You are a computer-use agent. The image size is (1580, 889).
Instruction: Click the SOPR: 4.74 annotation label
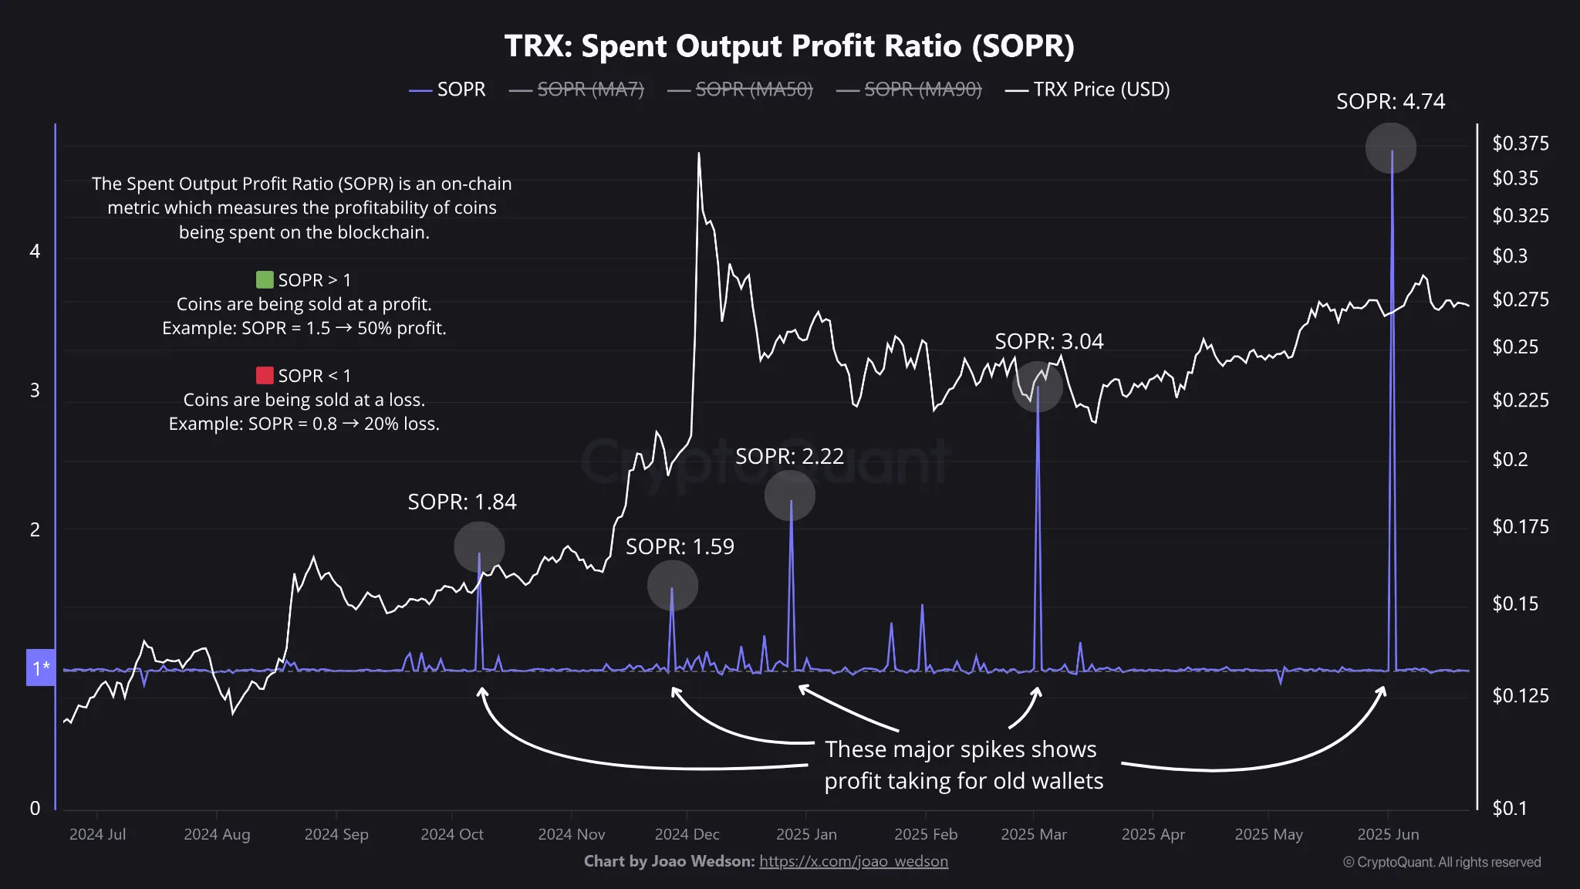point(1390,102)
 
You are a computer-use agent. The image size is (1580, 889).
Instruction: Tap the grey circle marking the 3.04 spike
point(1037,386)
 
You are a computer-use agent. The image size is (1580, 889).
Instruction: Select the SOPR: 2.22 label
point(789,456)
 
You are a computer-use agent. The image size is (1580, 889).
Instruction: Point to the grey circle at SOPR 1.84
point(479,546)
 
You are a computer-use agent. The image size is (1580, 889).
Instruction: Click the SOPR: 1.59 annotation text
point(680,546)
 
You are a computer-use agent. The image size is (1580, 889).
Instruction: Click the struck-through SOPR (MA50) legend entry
point(754,90)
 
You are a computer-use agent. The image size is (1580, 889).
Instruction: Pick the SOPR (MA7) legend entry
point(590,90)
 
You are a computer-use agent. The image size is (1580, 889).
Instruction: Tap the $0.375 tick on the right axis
point(1520,144)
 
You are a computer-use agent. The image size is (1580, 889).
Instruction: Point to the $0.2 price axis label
point(1509,460)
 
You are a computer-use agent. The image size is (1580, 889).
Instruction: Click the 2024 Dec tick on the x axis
point(687,834)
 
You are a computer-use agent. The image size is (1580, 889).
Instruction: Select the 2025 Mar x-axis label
point(1033,834)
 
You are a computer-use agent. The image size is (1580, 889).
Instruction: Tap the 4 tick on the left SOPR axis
point(35,252)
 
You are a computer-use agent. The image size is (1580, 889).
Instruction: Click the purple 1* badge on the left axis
point(41,668)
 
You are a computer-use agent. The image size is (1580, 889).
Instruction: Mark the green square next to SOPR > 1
point(265,279)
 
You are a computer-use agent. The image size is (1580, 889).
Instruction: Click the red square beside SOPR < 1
point(265,375)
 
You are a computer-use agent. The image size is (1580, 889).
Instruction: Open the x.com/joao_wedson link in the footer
point(853,861)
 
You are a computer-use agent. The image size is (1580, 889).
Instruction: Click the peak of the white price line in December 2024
point(699,154)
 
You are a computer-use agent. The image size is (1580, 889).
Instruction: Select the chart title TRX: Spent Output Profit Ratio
point(789,46)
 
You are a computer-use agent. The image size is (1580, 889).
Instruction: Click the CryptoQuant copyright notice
point(1442,862)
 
